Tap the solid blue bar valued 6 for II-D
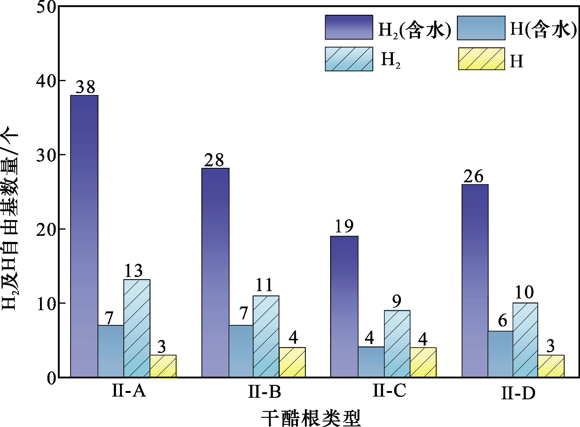500,354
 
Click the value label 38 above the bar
85,87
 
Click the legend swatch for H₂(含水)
349,27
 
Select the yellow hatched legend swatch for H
481,59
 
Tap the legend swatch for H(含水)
481,28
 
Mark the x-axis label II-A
129,391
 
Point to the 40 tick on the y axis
46,81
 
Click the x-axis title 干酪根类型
310,417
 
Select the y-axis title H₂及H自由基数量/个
10,221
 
